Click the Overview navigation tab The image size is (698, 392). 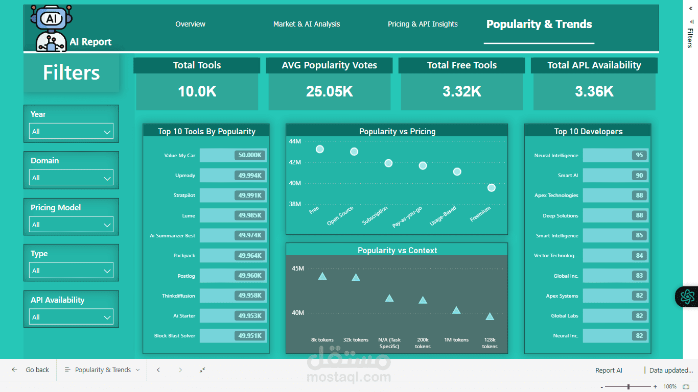(x=190, y=24)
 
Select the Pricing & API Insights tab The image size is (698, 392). (x=423, y=24)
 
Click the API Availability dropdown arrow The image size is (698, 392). (x=107, y=317)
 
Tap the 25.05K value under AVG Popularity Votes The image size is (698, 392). (x=329, y=91)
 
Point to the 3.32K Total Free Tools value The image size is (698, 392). (x=461, y=91)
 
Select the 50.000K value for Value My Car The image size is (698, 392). (x=250, y=155)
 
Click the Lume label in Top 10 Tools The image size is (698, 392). (x=189, y=215)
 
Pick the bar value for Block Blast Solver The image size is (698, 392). (x=250, y=336)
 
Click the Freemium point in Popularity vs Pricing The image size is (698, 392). (x=492, y=188)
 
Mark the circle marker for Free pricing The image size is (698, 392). (x=320, y=149)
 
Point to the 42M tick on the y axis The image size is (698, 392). (x=295, y=162)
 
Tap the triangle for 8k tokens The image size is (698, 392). (x=322, y=276)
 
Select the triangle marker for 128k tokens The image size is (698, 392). (x=490, y=316)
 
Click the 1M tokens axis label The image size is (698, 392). (x=456, y=339)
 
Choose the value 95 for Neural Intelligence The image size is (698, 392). (x=639, y=155)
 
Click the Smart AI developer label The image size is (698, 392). (x=568, y=175)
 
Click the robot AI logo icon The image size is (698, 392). (x=51, y=28)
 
